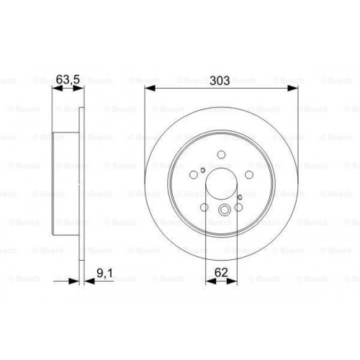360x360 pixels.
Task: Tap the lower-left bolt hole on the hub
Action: pos(204,209)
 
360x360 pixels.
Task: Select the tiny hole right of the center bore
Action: pos(240,195)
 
